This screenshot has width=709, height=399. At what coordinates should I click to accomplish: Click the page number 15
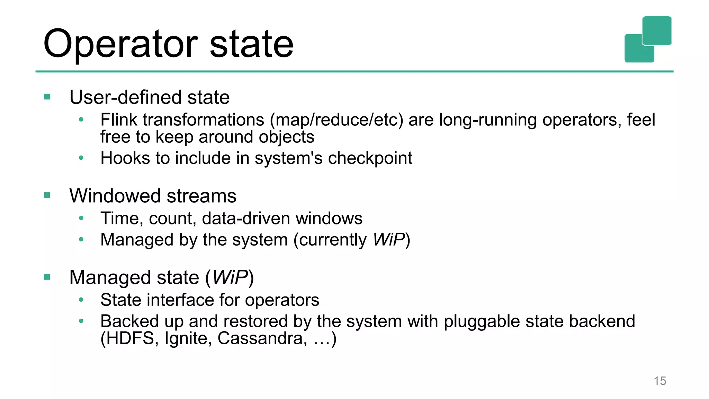660,381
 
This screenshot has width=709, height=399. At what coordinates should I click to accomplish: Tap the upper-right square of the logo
657,30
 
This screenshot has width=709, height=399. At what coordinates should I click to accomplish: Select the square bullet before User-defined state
47,97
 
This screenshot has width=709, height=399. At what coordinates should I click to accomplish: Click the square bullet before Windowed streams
47,195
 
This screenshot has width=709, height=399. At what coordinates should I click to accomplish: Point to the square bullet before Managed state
47,277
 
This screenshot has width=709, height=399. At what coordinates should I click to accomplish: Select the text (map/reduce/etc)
336,120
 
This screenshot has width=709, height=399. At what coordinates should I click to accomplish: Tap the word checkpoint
370,158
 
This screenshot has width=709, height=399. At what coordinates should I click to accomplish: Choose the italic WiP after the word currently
388,240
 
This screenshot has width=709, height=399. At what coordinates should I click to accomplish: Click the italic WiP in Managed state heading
230,277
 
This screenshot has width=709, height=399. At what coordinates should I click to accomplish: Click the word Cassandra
262,338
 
